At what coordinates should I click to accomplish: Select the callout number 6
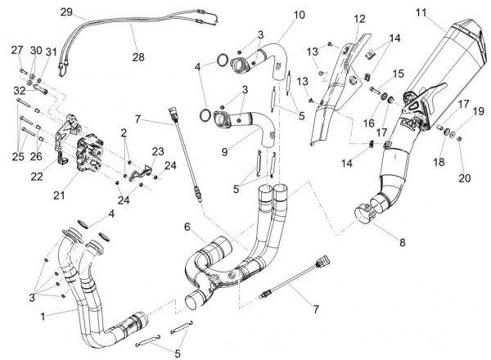pyautogui.click(x=187, y=227)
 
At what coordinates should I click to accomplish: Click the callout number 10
pyautogui.click(x=277, y=16)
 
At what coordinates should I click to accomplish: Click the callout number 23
pyautogui.click(x=158, y=151)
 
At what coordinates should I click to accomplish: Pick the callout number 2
pyautogui.click(x=124, y=132)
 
